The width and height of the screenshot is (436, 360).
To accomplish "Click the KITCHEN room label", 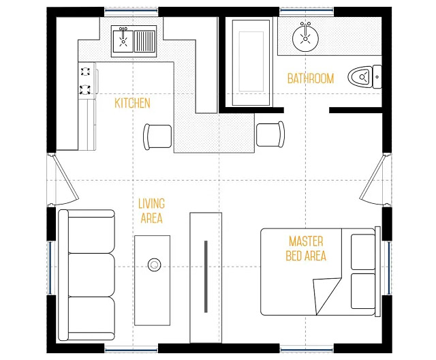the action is [x=132, y=103].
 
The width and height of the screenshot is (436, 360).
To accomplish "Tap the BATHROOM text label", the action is [x=311, y=78].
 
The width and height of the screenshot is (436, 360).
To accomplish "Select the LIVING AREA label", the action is [x=151, y=211].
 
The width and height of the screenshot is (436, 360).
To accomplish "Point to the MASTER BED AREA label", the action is [x=306, y=248].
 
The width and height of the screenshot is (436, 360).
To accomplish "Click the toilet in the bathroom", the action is [x=364, y=76].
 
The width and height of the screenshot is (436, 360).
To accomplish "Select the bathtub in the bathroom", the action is [x=251, y=63].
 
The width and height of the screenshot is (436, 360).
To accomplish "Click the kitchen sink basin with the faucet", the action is [x=123, y=41].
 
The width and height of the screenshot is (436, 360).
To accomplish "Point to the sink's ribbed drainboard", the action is [x=144, y=41].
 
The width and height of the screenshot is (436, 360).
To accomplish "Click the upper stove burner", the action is [x=85, y=72].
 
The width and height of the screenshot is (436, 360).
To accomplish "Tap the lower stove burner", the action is [x=85, y=89].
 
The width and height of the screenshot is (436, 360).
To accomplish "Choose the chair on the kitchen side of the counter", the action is [x=157, y=137].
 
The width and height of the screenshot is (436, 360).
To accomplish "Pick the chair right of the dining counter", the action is [x=270, y=135].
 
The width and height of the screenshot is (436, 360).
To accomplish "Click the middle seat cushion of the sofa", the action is [x=91, y=275].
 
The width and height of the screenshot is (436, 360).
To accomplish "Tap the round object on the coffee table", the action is [x=154, y=265].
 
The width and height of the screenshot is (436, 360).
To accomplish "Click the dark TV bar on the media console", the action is [x=206, y=277].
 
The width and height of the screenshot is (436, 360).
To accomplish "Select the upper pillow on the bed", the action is [x=363, y=252].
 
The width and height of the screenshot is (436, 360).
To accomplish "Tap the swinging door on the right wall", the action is [x=373, y=178].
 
